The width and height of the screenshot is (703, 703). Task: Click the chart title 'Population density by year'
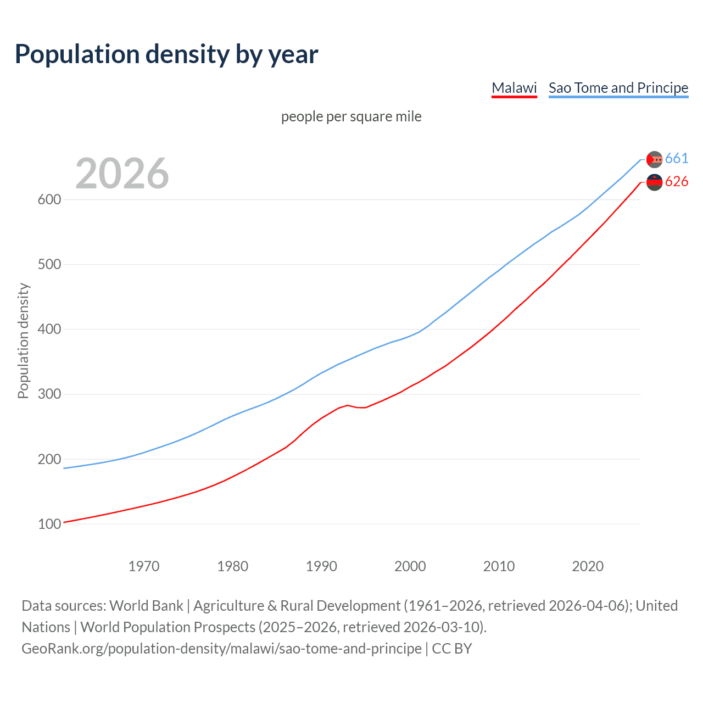pos(166,54)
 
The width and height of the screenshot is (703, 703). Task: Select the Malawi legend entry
pos(514,88)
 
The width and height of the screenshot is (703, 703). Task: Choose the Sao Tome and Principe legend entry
pos(618,88)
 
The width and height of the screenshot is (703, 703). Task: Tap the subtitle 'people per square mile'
pos(351,117)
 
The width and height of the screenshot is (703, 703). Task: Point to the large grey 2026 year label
pos(122,174)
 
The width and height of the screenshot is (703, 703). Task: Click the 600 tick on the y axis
pos(49,200)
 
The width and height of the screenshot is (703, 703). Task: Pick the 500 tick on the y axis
pos(49,265)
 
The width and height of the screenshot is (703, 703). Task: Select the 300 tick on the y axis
pos(49,394)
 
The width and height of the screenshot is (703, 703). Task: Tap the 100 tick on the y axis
pos(49,525)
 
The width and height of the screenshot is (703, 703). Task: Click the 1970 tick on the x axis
pos(144,566)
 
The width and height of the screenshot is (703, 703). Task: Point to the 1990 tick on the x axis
pos(321,566)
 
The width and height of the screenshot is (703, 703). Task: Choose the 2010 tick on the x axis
pos(499,566)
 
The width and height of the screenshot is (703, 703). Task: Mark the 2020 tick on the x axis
pos(588,566)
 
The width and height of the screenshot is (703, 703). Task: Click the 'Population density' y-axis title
pos(23,341)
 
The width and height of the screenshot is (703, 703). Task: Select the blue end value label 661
pos(677,159)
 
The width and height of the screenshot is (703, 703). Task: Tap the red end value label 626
pos(677,182)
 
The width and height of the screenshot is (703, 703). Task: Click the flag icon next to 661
pos(654,159)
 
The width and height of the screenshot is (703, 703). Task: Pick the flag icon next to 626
pos(654,182)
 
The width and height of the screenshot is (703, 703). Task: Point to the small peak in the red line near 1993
pos(347,405)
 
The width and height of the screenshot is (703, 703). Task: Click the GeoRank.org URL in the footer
pos(221,649)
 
